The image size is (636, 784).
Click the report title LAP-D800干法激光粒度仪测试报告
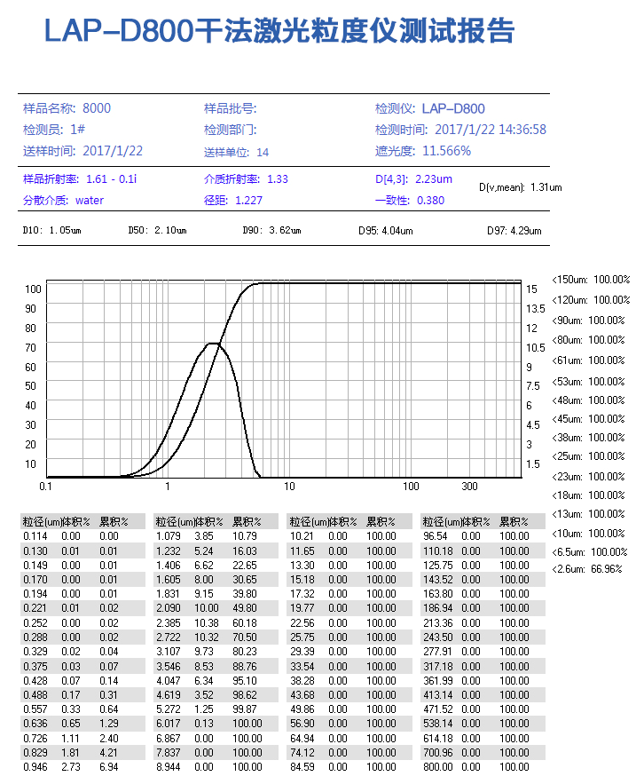(x=279, y=32)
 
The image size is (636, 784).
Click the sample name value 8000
(x=97, y=108)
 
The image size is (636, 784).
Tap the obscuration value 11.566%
(x=446, y=151)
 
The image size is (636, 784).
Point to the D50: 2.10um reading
(x=158, y=231)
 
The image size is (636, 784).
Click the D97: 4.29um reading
(x=514, y=231)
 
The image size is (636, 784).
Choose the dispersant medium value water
(x=90, y=201)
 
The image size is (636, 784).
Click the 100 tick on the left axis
(x=33, y=289)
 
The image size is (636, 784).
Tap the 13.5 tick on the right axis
(x=536, y=309)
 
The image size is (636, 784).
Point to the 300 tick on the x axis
(x=470, y=487)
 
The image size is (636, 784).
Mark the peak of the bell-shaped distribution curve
(x=213, y=343)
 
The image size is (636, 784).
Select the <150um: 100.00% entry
(x=591, y=279)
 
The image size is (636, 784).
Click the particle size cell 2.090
(x=169, y=607)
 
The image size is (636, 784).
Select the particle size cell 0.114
(x=35, y=536)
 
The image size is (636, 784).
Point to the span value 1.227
(x=248, y=201)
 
